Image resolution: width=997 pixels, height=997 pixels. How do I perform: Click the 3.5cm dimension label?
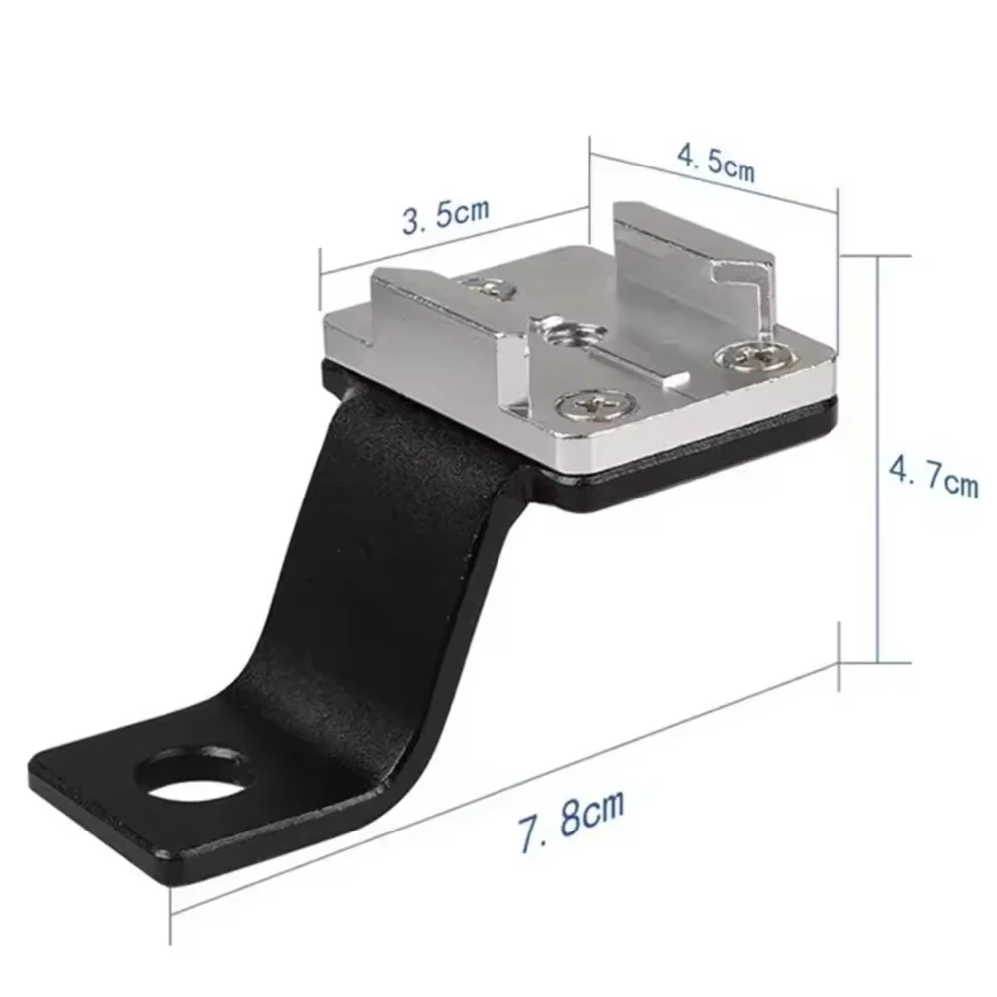(446, 215)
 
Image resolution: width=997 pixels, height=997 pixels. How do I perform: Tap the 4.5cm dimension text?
(716, 164)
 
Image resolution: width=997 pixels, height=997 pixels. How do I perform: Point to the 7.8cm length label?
(571, 821)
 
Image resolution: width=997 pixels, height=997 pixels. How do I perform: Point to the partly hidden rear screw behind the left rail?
(492, 288)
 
